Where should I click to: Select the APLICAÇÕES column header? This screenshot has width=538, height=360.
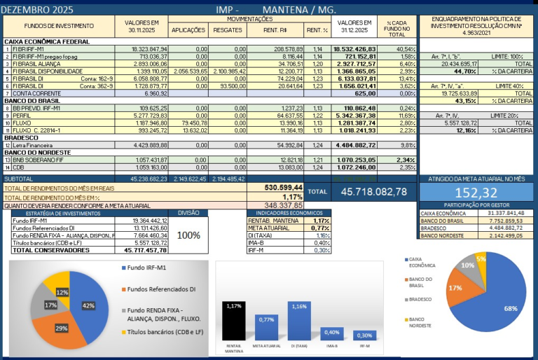click(188, 30)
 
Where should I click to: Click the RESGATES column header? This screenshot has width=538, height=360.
click(228, 30)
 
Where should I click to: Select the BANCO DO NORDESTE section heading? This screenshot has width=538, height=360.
click(39, 153)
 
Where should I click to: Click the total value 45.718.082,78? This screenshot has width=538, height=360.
click(373, 191)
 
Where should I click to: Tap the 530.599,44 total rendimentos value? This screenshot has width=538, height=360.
click(284, 188)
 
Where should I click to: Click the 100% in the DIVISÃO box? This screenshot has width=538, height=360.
click(188, 235)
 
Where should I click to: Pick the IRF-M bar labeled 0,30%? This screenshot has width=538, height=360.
click(363, 336)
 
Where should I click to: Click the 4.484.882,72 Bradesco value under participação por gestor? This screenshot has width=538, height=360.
click(505, 228)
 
